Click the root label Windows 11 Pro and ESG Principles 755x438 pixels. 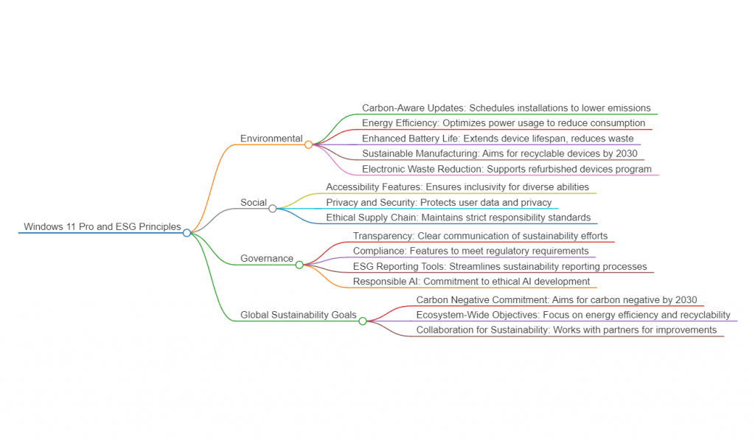pyautogui.click(x=102, y=227)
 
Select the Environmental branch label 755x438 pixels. pyautogui.click(x=271, y=139)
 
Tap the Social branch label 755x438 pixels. pyautogui.click(x=253, y=203)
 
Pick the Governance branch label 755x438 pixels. pyautogui.click(x=266, y=259)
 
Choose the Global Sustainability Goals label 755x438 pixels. pyautogui.click(x=299, y=316)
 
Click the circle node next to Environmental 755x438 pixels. pyautogui.click(x=309, y=145)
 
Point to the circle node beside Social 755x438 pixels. pyautogui.click(x=273, y=209)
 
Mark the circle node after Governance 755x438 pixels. pyautogui.click(x=299, y=265)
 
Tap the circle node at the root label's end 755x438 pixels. pyautogui.click(x=187, y=233)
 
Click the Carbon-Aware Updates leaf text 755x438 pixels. pyautogui.click(x=506, y=108)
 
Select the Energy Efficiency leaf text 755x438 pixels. pyautogui.click(x=504, y=123)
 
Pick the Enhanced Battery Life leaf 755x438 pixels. pyautogui.click(x=498, y=139)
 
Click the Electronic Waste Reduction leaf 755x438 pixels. pyautogui.click(x=507, y=170)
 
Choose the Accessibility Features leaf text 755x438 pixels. pyautogui.click(x=457, y=187)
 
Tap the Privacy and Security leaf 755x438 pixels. pyautogui.click(x=439, y=203)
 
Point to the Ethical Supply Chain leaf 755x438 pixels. pyautogui.click(x=458, y=218)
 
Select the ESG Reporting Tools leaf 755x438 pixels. pyautogui.click(x=500, y=267)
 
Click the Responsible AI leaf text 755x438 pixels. pyautogui.click(x=471, y=282)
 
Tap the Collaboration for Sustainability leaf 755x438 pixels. pyautogui.click(x=566, y=330)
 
